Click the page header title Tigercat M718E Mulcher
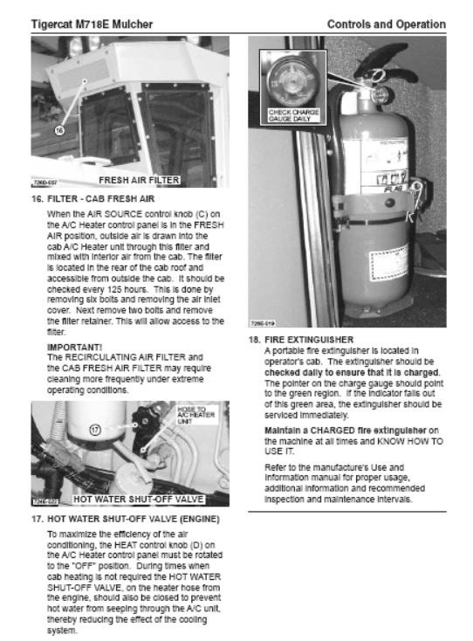[x=92, y=24]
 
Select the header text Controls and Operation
[x=387, y=24]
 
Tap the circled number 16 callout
[x=59, y=130]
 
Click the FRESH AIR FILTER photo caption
[x=139, y=180]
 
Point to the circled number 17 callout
[x=95, y=430]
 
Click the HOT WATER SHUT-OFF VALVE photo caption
[x=138, y=500]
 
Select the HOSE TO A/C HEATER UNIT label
[x=195, y=415]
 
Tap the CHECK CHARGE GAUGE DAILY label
[x=293, y=115]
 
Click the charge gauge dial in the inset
[x=292, y=79]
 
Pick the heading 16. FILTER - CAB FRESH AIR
[x=93, y=199]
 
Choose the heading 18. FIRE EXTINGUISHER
[x=301, y=340]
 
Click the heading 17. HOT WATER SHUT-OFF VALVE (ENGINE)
[x=126, y=520]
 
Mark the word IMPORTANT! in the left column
[x=75, y=347]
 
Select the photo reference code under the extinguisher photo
[x=263, y=323]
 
